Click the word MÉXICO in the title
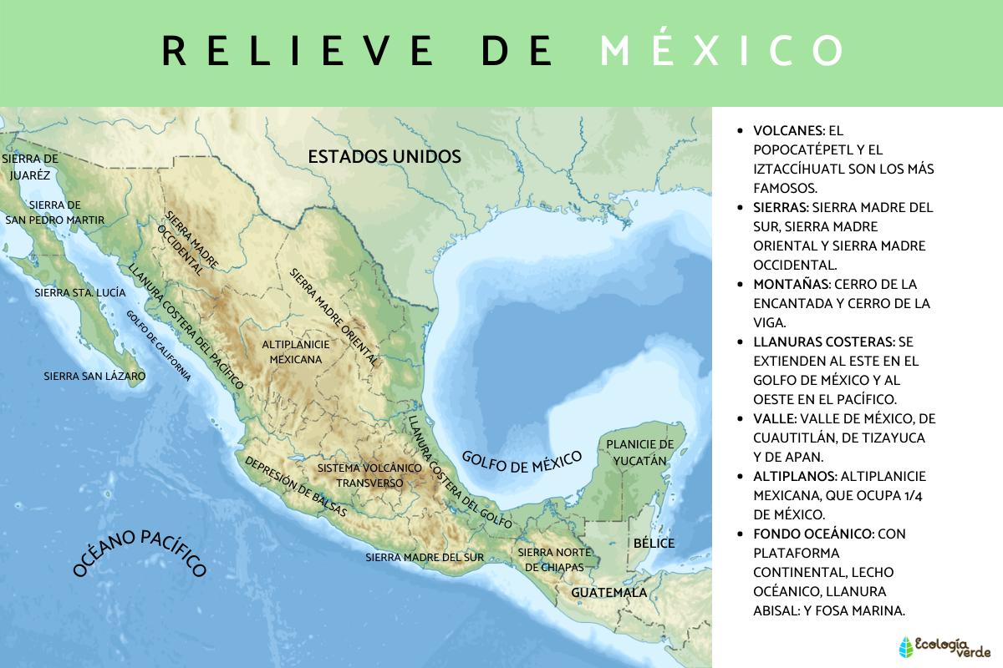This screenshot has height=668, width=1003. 722,50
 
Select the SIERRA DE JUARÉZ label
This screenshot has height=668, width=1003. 31,166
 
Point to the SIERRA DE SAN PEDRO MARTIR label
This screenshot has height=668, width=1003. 54,212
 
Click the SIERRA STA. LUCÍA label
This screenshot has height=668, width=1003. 80,293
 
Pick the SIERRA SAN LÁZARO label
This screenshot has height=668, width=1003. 94,377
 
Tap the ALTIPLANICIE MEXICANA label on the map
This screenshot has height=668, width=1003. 296,352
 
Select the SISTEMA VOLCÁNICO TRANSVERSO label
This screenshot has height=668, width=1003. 369,475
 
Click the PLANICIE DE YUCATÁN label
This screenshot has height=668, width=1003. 639,452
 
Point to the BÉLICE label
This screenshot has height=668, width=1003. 653,544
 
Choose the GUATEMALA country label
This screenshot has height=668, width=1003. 608,593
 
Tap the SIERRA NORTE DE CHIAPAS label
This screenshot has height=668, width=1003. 555,559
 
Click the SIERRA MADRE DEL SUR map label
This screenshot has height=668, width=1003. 425,557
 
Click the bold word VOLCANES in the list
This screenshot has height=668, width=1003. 788,131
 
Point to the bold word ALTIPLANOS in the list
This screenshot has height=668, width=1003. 795,476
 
